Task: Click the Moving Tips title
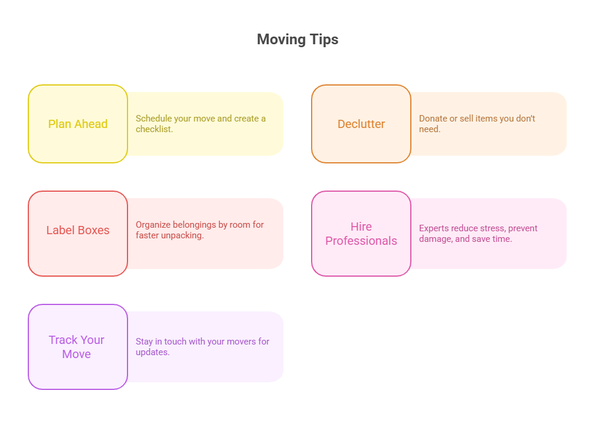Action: click(297, 40)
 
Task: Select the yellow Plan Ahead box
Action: click(78, 124)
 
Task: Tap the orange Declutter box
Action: click(361, 124)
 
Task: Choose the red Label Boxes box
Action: click(78, 234)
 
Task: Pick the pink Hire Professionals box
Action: click(361, 234)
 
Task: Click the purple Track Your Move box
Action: click(78, 347)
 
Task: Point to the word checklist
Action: click(154, 129)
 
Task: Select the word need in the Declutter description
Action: click(430, 129)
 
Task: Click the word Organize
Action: click(153, 225)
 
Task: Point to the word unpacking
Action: click(182, 235)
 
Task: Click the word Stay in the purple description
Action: click(144, 342)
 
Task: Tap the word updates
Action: click(152, 352)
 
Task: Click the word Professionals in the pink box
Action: click(361, 241)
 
